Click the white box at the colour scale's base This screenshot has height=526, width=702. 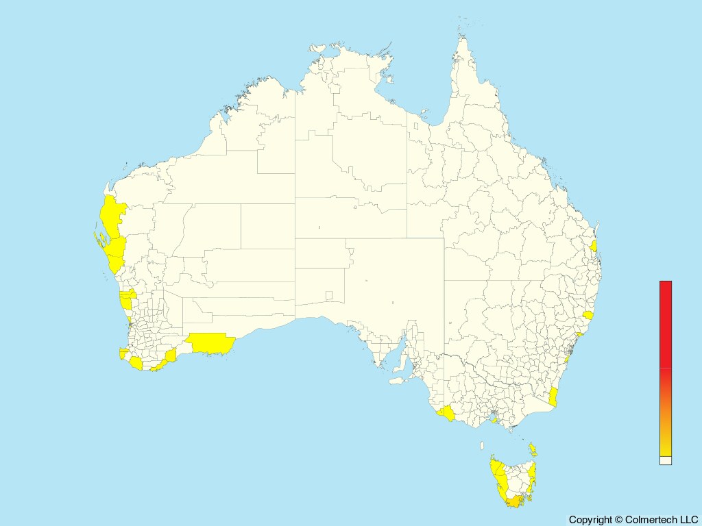click(x=666, y=461)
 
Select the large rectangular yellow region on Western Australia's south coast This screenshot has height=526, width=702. click(x=210, y=342)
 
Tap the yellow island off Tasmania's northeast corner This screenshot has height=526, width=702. click(x=533, y=450)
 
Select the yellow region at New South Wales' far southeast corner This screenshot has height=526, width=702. click(x=553, y=397)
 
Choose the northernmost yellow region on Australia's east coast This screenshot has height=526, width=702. click(x=594, y=245)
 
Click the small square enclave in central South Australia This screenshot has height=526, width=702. click(x=329, y=296)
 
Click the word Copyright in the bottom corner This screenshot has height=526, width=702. click(x=590, y=520)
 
